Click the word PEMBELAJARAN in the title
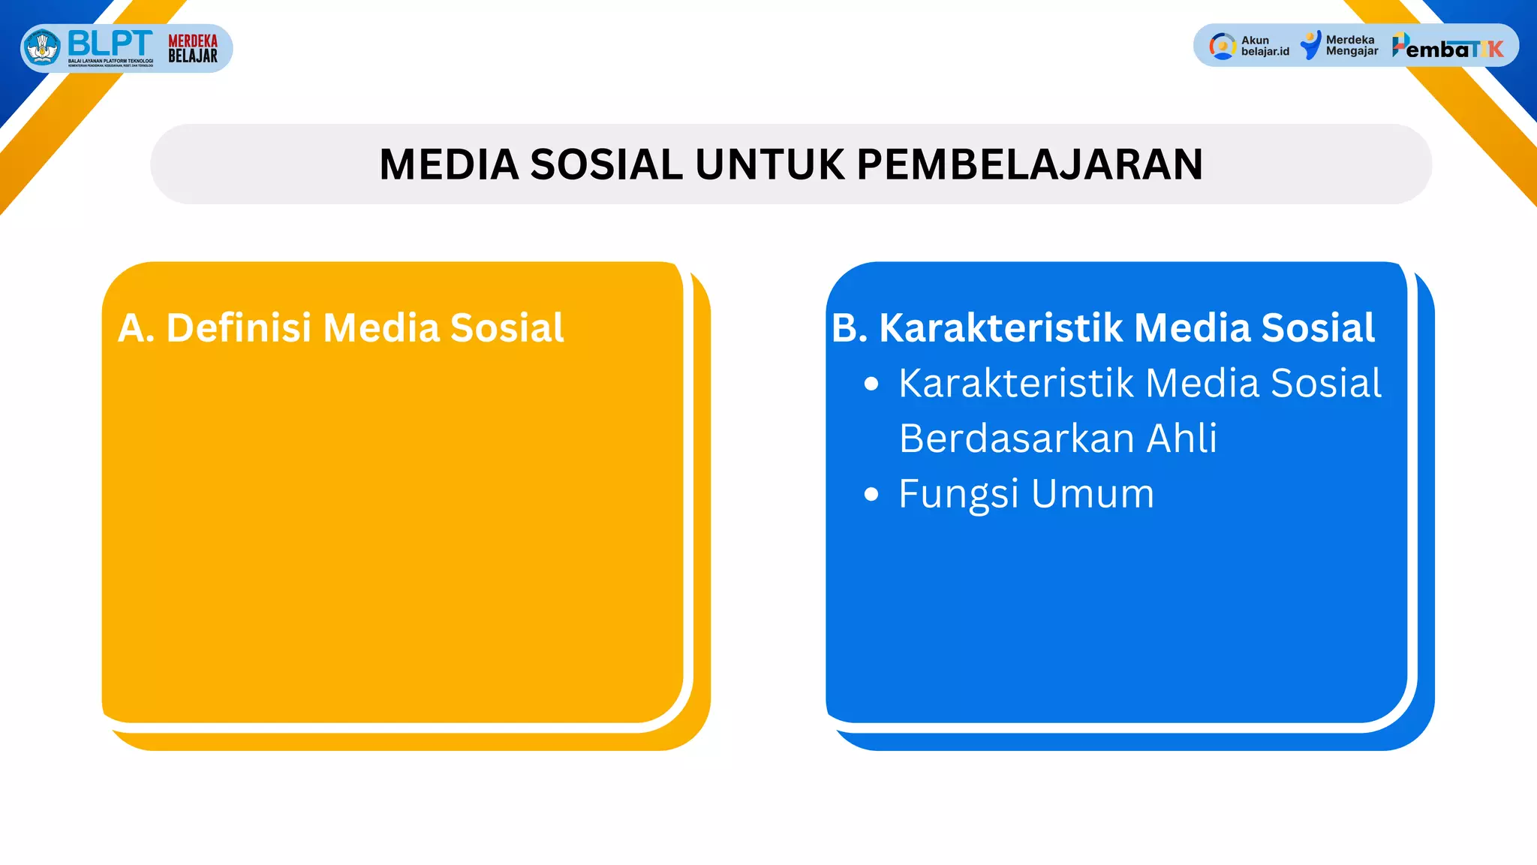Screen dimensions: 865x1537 tap(1030, 164)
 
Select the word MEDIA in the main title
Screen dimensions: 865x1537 tap(449, 164)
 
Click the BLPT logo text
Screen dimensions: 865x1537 tap(110, 44)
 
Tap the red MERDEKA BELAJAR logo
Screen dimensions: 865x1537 tap(193, 48)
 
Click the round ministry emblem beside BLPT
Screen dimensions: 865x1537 tap(43, 48)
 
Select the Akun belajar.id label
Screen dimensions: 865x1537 tap(1265, 46)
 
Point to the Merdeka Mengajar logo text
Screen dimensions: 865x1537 tap(1351, 46)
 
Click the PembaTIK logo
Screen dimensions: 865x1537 tap(1448, 47)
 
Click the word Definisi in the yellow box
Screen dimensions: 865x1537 tap(239, 328)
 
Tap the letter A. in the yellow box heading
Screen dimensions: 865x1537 tap(136, 328)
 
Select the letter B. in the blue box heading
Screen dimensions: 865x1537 tap(849, 328)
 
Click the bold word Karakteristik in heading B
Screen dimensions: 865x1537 tap(1001, 328)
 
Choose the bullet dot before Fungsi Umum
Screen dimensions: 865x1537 tap(871, 494)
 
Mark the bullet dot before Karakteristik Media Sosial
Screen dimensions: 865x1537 tap(871, 384)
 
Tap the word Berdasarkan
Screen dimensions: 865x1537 tap(1016, 439)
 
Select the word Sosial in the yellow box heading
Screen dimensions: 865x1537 tap(507, 328)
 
